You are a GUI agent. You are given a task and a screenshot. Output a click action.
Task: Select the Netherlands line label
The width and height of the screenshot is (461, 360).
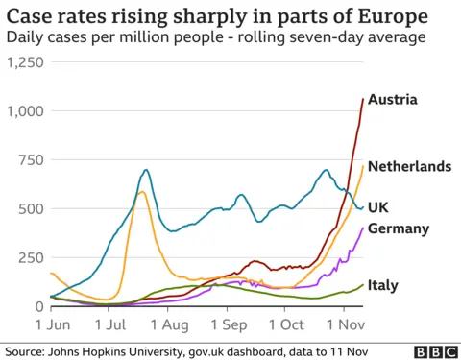409,166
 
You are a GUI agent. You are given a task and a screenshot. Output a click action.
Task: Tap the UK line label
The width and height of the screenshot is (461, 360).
378,206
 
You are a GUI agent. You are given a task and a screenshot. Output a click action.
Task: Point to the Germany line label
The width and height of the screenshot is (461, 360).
398,228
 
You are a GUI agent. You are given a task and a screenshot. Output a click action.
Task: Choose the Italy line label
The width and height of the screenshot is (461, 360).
383,285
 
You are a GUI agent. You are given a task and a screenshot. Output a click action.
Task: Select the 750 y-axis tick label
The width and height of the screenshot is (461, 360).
31,160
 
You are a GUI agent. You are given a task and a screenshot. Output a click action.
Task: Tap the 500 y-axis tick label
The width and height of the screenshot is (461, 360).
31,209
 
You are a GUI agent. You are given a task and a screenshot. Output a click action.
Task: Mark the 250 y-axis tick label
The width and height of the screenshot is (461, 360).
31,258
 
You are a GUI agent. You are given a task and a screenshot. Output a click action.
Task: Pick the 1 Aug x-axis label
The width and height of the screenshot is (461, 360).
168,324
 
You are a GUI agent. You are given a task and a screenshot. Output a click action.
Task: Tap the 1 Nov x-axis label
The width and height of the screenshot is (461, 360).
344,324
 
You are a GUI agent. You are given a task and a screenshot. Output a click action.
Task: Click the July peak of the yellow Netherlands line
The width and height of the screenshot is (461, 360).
142,192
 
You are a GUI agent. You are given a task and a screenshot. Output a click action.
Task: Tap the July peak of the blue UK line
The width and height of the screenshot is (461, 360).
146,171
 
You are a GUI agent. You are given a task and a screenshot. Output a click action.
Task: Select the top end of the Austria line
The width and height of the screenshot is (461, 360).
362,99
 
